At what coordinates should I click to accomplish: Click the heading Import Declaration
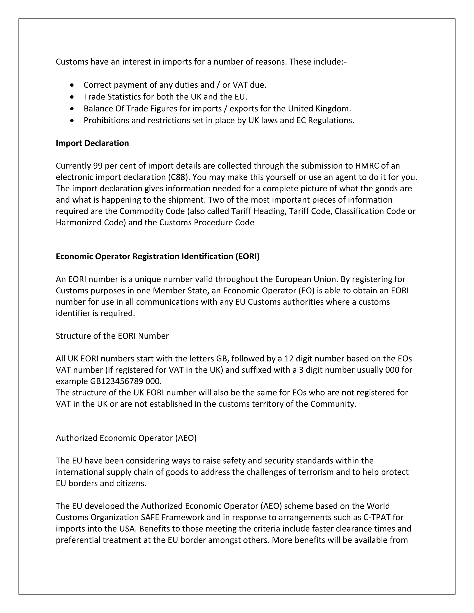click(92, 143)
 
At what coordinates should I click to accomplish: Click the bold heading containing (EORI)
click(158, 257)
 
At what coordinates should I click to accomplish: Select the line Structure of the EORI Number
click(112, 336)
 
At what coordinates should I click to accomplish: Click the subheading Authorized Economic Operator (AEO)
click(126, 438)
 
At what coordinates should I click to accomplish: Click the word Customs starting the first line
click(72, 62)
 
